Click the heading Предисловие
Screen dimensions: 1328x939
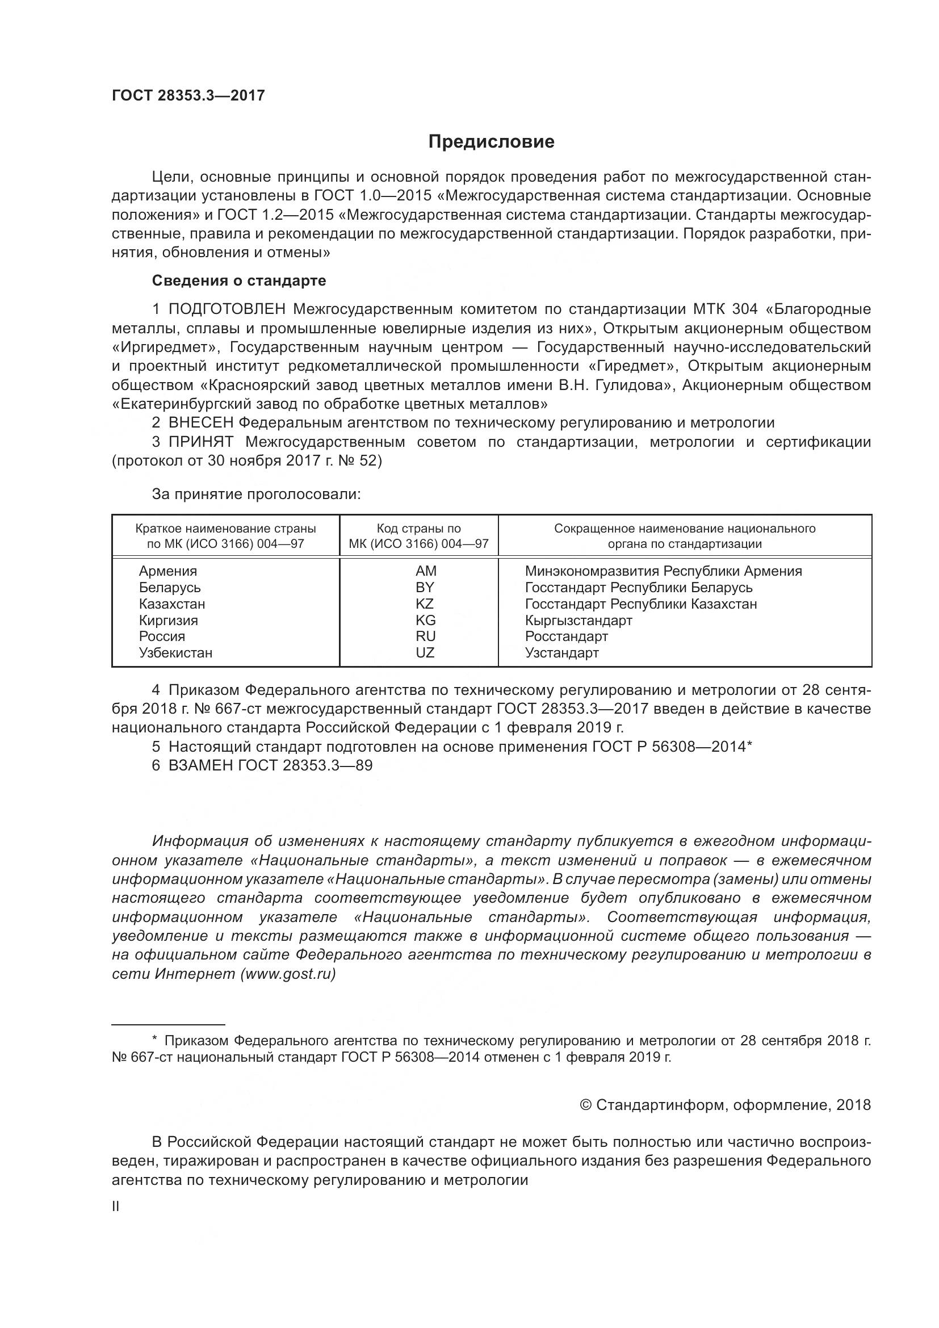pyautogui.click(x=491, y=143)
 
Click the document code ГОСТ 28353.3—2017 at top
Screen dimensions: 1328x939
pyautogui.click(x=188, y=96)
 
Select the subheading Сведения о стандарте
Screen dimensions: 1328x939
pyautogui.click(x=239, y=281)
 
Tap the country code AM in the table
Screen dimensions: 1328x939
pyautogui.click(x=426, y=571)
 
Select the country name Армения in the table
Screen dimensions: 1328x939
pyautogui.click(x=167, y=571)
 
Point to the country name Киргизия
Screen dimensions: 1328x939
pyautogui.click(x=168, y=621)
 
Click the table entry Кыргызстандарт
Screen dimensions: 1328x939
pyautogui.click(x=578, y=621)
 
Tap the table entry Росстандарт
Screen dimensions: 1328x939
pyautogui.click(x=566, y=637)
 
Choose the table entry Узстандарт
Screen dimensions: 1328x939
pyautogui.click(x=561, y=653)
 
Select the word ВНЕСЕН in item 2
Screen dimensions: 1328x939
pyautogui.click(x=200, y=424)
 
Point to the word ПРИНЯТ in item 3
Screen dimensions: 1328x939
pyautogui.click(x=200, y=442)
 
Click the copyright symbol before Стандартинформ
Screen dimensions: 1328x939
pyautogui.click(x=585, y=1105)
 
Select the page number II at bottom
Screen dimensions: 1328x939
pyautogui.click(x=116, y=1207)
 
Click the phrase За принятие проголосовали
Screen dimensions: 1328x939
pyautogui.click(x=256, y=495)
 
